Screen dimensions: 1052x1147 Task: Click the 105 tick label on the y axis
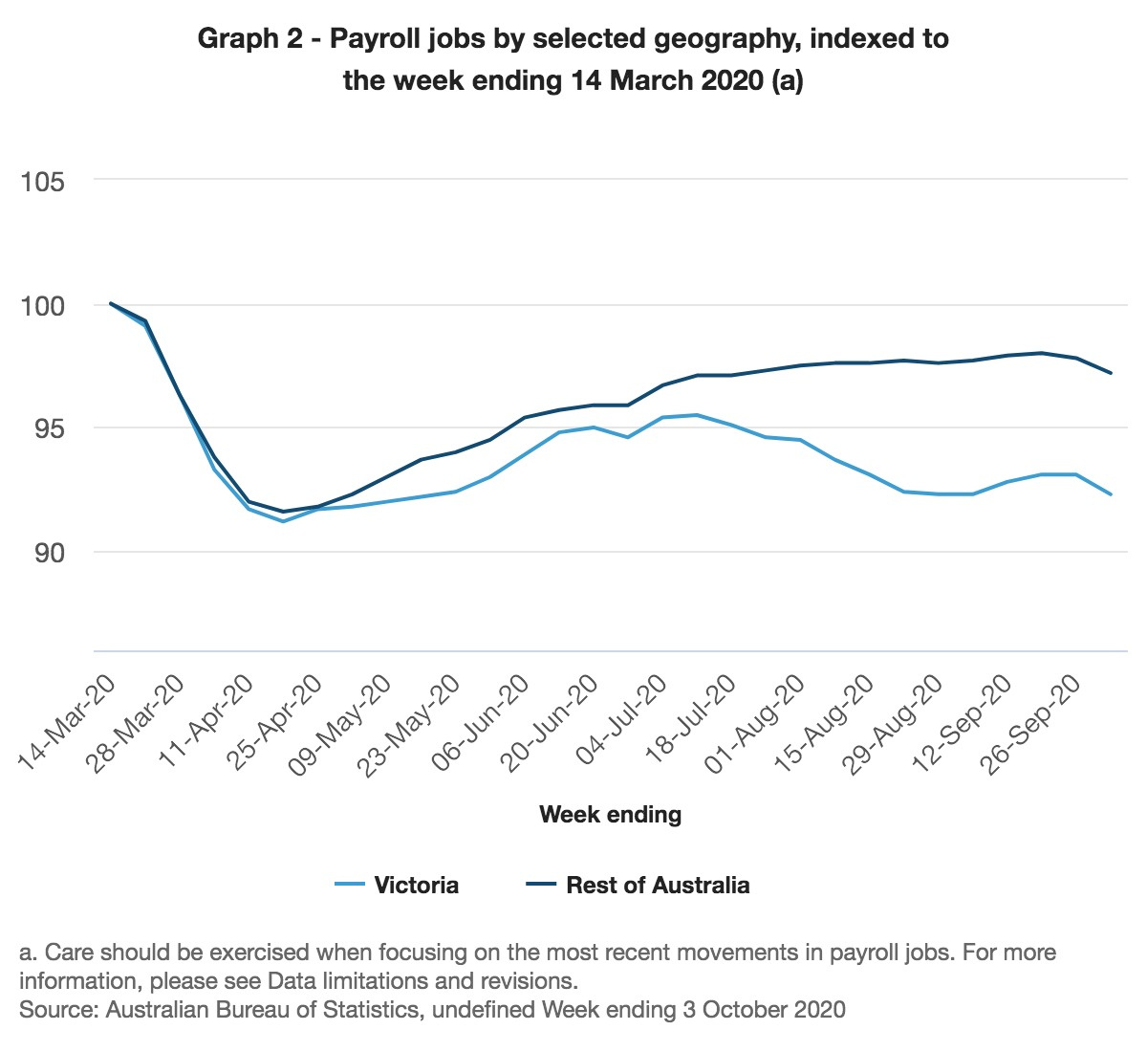click(42, 181)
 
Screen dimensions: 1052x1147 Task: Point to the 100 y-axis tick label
click(42, 306)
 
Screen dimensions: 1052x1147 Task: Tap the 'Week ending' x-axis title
click(610, 815)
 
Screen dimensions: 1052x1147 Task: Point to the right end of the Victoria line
click(1111, 494)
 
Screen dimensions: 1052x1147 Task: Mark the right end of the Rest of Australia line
click(1111, 373)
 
